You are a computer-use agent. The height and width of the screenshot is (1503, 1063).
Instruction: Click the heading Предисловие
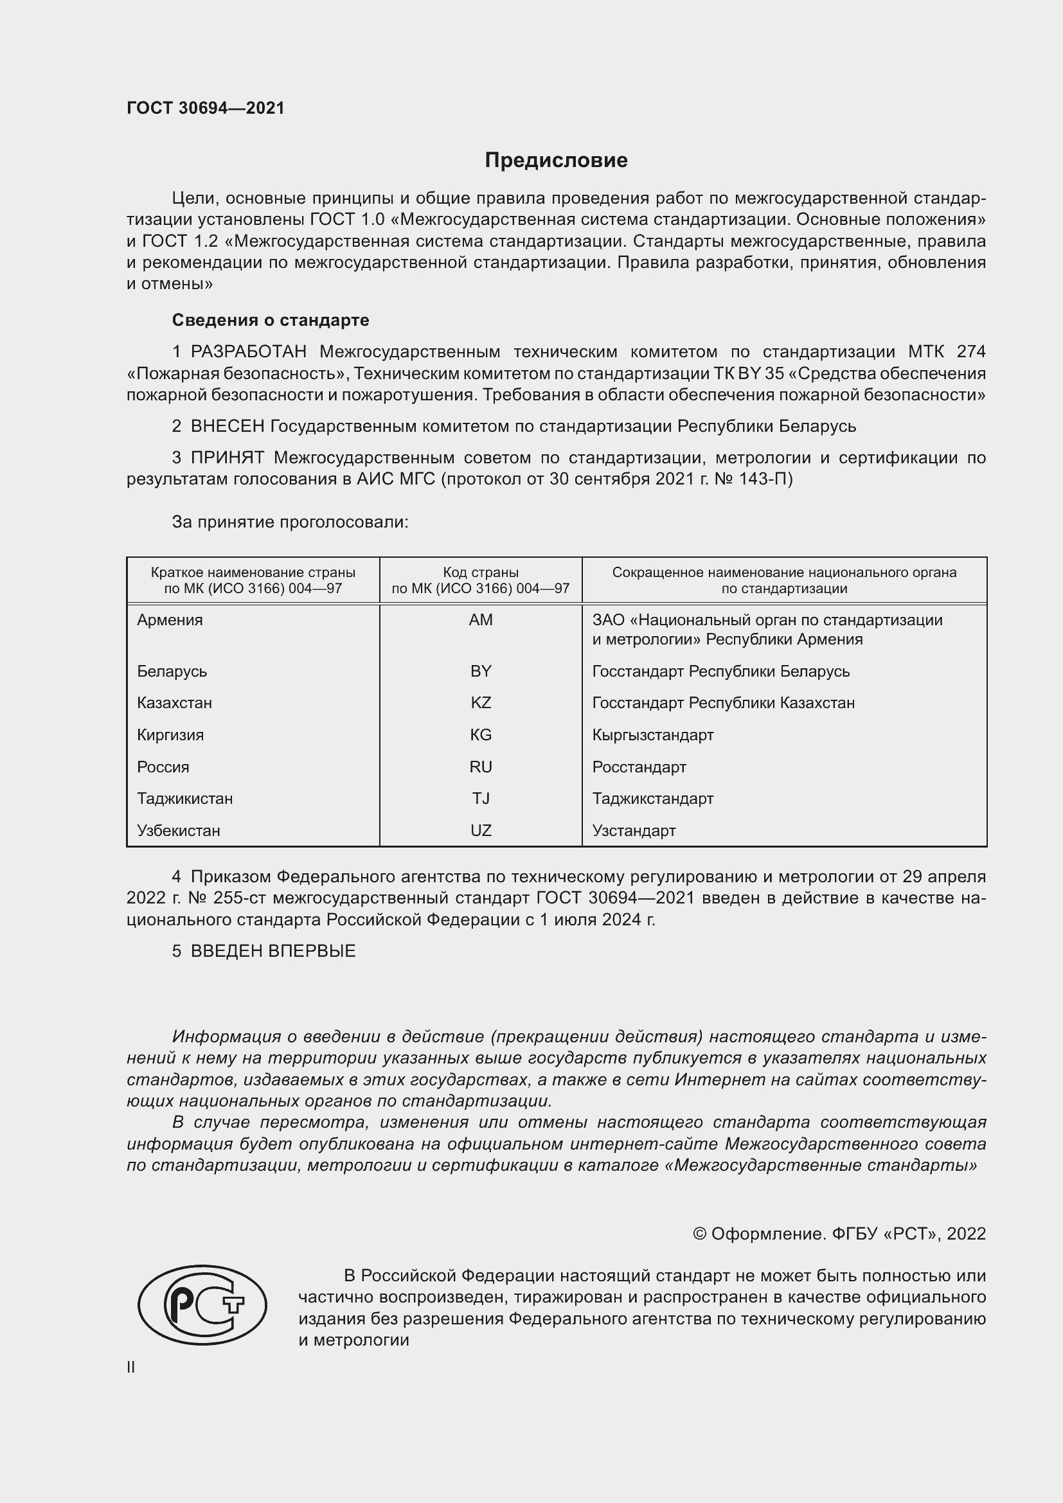click(x=556, y=161)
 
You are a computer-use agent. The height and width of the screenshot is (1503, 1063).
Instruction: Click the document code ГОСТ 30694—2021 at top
click(x=206, y=108)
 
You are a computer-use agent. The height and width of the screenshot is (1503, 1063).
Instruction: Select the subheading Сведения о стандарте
click(x=271, y=320)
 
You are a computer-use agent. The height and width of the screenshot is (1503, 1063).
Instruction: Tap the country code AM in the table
click(x=481, y=620)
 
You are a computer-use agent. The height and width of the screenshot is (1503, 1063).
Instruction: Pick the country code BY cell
click(x=481, y=671)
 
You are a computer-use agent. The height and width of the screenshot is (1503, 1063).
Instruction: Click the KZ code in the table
click(x=481, y=703)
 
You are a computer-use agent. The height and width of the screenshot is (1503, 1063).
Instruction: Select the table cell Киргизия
click(x=170, y=735)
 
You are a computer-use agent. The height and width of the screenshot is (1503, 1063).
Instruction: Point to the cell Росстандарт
click(x=639, y=767)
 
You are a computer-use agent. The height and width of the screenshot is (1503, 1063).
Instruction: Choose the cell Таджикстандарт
click(x=652, y=799)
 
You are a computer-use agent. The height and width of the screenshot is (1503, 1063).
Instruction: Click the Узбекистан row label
click(x=178, y=831)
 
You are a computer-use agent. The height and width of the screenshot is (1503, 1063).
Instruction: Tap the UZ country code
click(x=481, y=831)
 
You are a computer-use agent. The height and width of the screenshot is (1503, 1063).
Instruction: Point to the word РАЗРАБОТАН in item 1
click(x=248, y=352)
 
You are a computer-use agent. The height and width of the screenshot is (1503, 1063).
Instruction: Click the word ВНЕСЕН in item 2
click(x=227, y=427)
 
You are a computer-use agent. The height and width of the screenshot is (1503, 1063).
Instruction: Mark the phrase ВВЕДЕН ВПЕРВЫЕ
click(x=273, y=951)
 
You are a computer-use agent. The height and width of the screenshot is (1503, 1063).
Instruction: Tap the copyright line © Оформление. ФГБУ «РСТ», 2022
click(x=839, y=1234)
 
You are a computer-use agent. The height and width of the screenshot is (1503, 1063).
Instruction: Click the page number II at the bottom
click(x=131, y=1367)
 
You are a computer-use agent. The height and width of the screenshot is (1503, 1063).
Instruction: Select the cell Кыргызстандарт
click(x=652, y=735)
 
